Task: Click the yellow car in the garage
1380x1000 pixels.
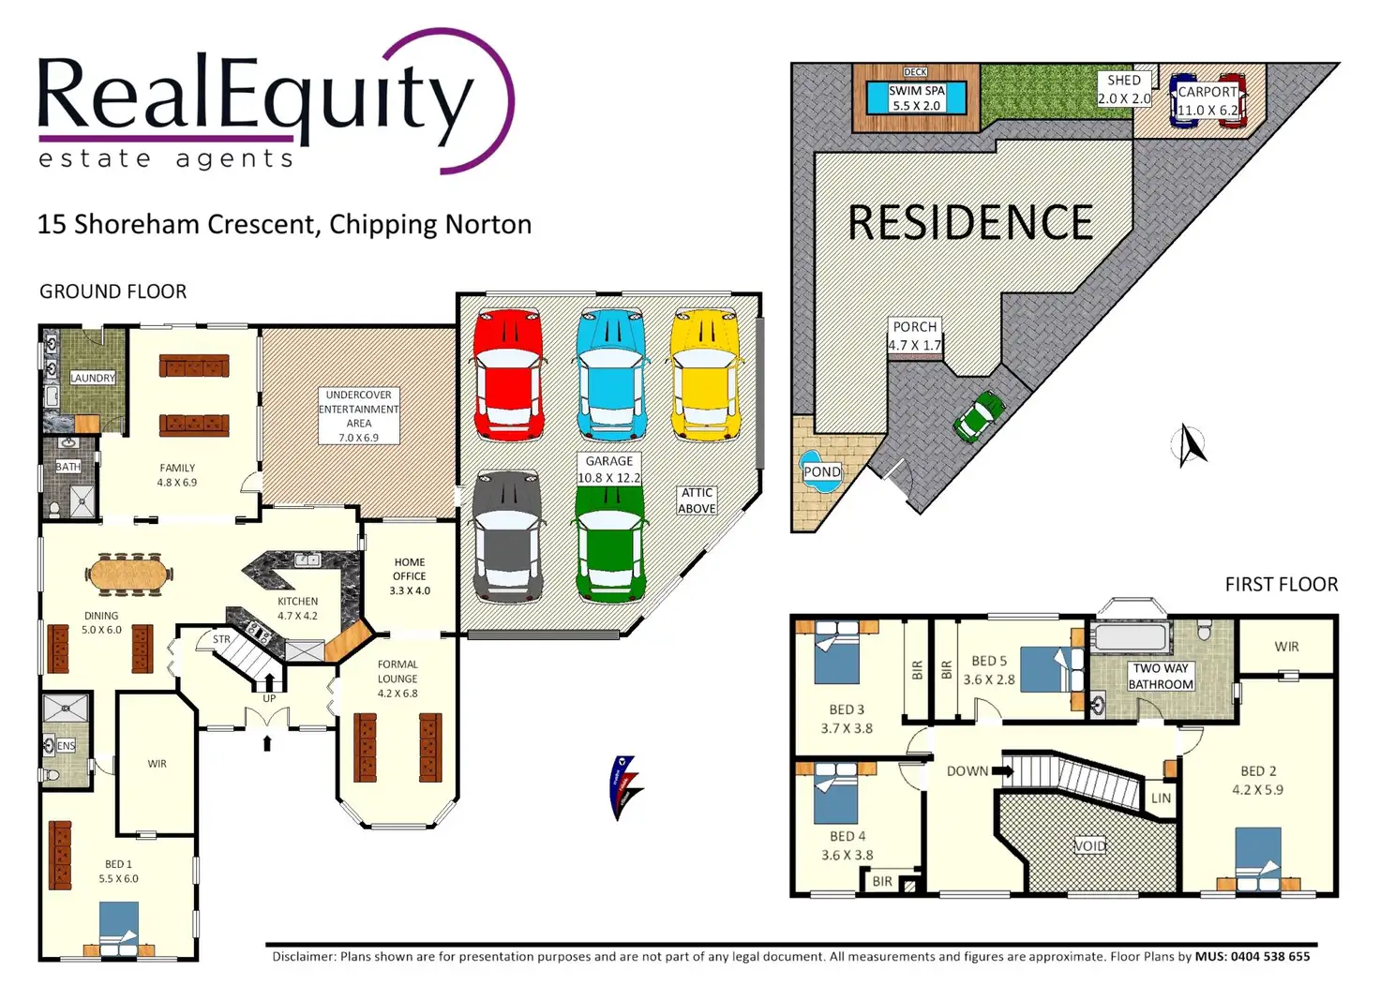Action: pos(706,375)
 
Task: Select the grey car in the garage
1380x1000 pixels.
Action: pos(507,538)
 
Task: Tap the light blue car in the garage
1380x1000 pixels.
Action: pos(612,375)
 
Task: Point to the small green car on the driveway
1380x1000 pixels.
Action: pos(979,417)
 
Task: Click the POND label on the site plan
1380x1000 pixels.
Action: pos(822,472)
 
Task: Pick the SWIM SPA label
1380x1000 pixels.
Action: pos(917,97)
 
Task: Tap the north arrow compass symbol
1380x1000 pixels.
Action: pos(1190,445)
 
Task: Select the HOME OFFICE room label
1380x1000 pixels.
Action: pos(410,569)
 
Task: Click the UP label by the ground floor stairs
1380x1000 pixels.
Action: pos(269,698)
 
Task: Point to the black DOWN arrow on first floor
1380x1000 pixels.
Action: pos(1002,770)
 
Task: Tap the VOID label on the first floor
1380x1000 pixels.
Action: pos(1090,845)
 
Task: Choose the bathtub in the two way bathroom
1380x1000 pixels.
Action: pos(1132,637)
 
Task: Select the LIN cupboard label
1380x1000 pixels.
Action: pos(1161,799)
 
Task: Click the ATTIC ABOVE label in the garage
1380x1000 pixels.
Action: pos(697,500)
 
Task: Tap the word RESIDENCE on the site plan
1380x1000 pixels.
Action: pos(971,222)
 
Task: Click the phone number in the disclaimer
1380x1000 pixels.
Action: pos(1270,956)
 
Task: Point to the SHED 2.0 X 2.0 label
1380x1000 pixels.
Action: pos(1124,89)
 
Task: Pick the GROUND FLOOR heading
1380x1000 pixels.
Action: pos(112,291)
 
